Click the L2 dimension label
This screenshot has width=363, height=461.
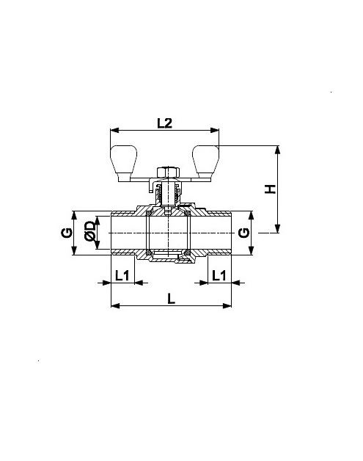(x=164, y=123)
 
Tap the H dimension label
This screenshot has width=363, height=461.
(x=270, y=189)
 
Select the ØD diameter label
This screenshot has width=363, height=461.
(x=90, y=232)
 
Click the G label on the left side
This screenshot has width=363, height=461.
(x=67, y=233)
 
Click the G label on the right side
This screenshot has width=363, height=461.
(x=243, y=233)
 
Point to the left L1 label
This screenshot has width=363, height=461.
(x=122, y=276)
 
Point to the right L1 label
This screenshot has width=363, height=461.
(x=219, y=276)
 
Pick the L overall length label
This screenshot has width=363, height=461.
(x=171, y=299)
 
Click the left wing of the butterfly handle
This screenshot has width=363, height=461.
(x=124, y=162)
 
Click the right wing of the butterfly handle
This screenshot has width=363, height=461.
(x=205, y=162)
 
